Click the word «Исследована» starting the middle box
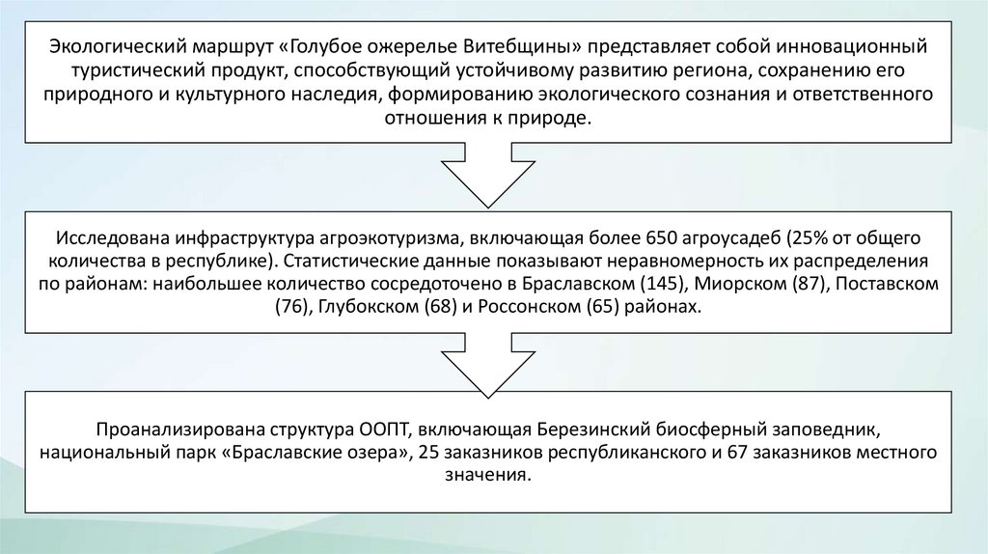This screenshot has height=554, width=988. [x=109, y=237]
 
